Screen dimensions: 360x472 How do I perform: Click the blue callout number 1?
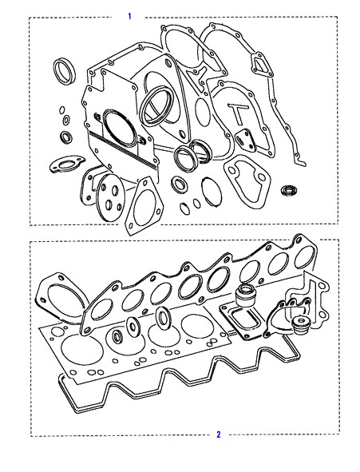point(129,16)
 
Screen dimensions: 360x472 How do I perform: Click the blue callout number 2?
point(219,434)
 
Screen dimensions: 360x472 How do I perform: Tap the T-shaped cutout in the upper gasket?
point(238,113)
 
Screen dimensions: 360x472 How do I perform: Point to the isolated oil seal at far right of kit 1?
point(289,189)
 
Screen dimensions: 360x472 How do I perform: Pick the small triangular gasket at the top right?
point(262,64)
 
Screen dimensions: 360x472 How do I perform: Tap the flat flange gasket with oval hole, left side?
point(65,164)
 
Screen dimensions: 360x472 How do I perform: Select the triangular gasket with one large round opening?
point(144,206)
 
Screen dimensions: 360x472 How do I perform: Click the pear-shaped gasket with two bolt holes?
point(247,181)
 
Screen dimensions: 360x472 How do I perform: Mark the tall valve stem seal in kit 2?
point(245,296)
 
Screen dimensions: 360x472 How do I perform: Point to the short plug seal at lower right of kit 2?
point(300,325)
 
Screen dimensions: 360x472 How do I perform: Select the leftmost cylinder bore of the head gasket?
point(81,351)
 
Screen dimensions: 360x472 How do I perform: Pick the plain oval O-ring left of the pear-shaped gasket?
point(212,192)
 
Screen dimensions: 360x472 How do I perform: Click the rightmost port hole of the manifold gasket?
point(304,257)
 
